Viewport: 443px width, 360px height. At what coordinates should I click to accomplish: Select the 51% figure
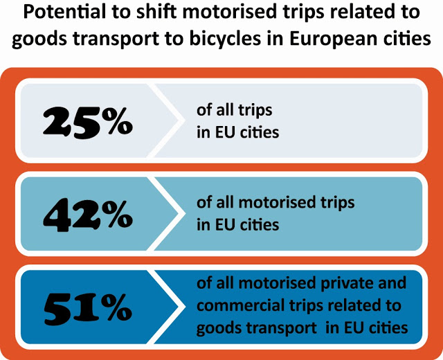[86, 307]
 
